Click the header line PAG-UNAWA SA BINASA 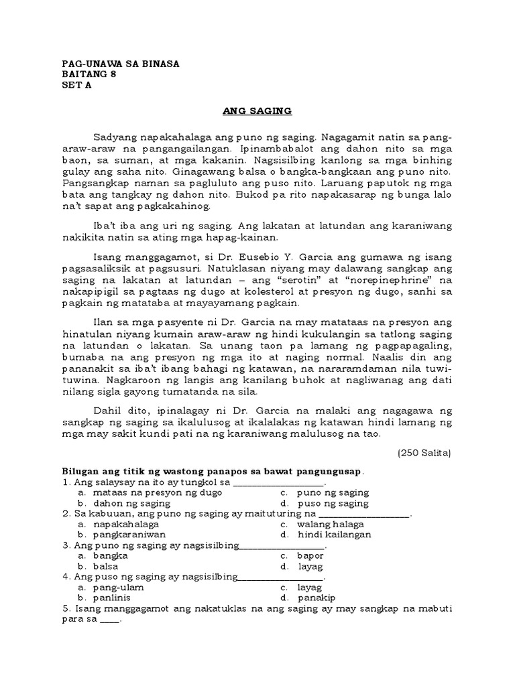coord(121,64)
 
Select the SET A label coord(76,86)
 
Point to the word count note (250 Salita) coord(424,453)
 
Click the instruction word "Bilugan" coord(80,471)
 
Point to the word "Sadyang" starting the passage coord(115,136)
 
